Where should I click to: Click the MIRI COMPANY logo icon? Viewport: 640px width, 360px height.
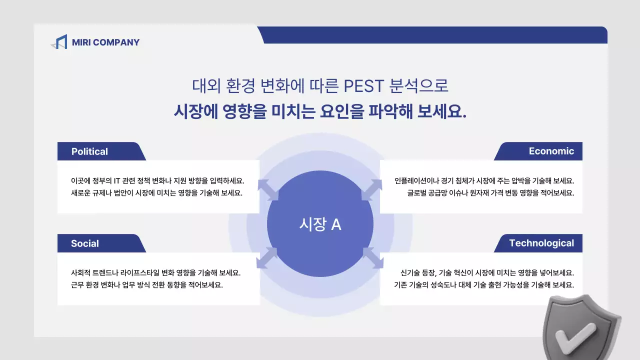(x=59, y=42)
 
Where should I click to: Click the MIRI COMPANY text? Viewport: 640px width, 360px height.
(x=105, y=42)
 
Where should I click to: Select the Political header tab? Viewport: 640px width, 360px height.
(x=90, y=151)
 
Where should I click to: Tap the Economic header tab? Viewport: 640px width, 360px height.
(x=551, y=151)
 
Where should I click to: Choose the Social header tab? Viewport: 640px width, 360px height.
(x=85, y=243)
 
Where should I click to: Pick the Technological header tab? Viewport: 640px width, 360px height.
(x=541, y=243)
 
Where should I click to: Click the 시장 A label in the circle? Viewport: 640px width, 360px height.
(x=320, y=224)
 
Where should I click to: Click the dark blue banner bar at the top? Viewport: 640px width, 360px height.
(x=435, y=35)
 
